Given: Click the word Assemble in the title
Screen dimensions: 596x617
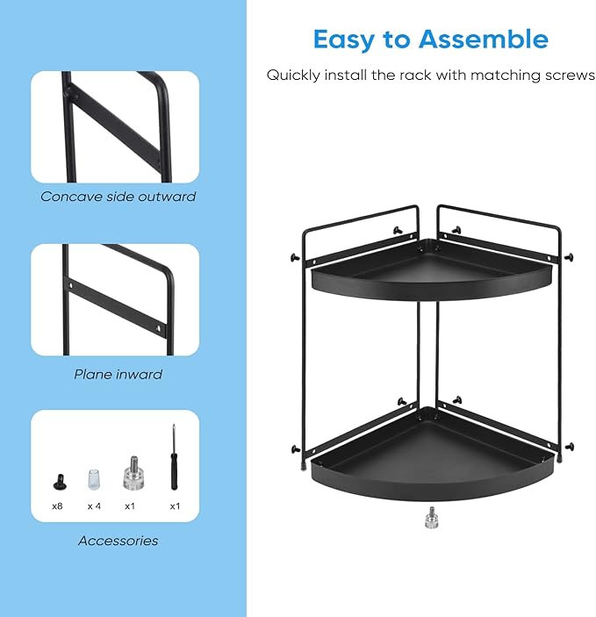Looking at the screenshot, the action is (x=484, y=39).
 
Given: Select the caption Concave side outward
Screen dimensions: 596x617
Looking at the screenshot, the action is (x=118, y=197).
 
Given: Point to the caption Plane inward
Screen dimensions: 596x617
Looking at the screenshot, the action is (x=118, y=374).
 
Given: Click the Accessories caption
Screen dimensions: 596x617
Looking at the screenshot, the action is (x=118, y=541).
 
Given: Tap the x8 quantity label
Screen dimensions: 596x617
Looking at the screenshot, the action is (x=57, y=506).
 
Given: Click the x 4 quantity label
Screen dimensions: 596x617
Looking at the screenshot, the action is (x=94, y=506).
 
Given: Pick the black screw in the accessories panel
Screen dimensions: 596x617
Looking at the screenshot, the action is (x=60, y=482).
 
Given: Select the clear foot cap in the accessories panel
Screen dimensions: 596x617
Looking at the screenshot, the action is (x=94, y=479).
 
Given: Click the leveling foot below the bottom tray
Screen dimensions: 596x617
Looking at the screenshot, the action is (x=432, y=518).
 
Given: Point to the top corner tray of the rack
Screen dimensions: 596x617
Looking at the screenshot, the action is (x=431, y=271).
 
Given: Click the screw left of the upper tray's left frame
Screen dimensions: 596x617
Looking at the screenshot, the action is (x=294, y=258).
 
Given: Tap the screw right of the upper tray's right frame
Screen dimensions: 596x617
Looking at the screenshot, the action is (x=569, y=258).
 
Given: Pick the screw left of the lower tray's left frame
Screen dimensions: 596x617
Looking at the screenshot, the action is (x=295, y=449).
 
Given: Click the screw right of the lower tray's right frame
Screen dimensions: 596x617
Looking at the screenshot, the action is (x=570, y=447).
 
